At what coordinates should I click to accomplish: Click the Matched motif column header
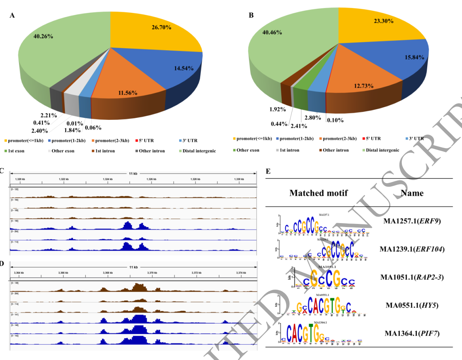318,193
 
